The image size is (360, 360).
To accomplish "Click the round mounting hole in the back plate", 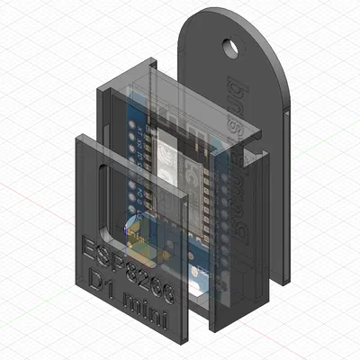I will coord(235,44).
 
